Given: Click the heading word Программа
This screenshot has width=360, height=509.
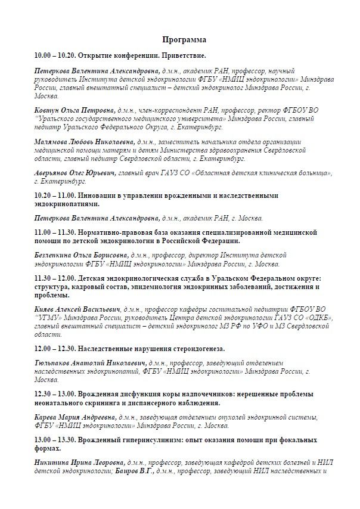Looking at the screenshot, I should point(184,39).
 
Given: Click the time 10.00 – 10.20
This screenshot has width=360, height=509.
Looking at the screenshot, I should point(55,55).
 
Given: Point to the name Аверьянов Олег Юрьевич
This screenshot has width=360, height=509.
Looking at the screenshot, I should point(76,173).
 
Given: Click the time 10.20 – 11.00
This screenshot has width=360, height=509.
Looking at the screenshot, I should point(55,195).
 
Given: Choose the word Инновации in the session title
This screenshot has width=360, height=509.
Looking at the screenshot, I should point(100,195).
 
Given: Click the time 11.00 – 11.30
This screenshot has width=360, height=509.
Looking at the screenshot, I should point(55,232).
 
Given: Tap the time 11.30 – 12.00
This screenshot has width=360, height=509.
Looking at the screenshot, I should point(55,278).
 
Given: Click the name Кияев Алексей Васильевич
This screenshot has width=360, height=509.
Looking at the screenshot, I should point(78,309).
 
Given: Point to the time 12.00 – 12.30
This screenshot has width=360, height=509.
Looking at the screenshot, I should point(55,347).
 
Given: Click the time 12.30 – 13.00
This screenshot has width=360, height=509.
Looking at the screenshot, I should point(55,394).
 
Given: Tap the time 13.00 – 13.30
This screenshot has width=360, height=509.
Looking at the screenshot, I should point(55,440).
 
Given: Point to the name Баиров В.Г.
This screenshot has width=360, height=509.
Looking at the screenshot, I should point(135,471).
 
